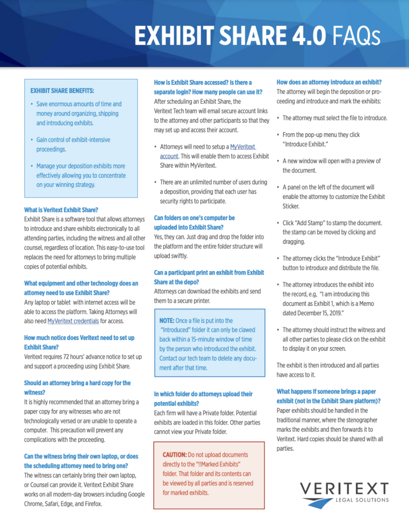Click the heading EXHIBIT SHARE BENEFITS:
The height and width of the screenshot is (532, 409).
62,91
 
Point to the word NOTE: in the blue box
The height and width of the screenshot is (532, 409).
167,321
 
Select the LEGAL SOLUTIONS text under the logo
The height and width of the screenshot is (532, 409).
360,500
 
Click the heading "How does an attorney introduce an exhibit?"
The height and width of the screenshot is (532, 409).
329,82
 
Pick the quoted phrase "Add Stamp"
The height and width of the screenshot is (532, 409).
314,223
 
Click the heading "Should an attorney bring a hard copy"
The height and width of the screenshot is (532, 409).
77,383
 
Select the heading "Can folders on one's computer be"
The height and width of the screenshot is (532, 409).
194,218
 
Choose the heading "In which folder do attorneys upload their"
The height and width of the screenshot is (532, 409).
203,394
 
